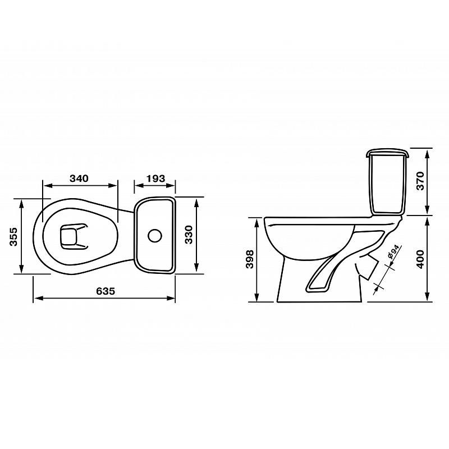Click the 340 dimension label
79,178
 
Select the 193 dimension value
155,178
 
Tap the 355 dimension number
13,236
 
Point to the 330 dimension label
189,235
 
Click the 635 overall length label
106,291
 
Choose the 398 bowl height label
250,259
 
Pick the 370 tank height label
420,181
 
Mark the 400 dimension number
420,259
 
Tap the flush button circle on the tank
155,235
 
